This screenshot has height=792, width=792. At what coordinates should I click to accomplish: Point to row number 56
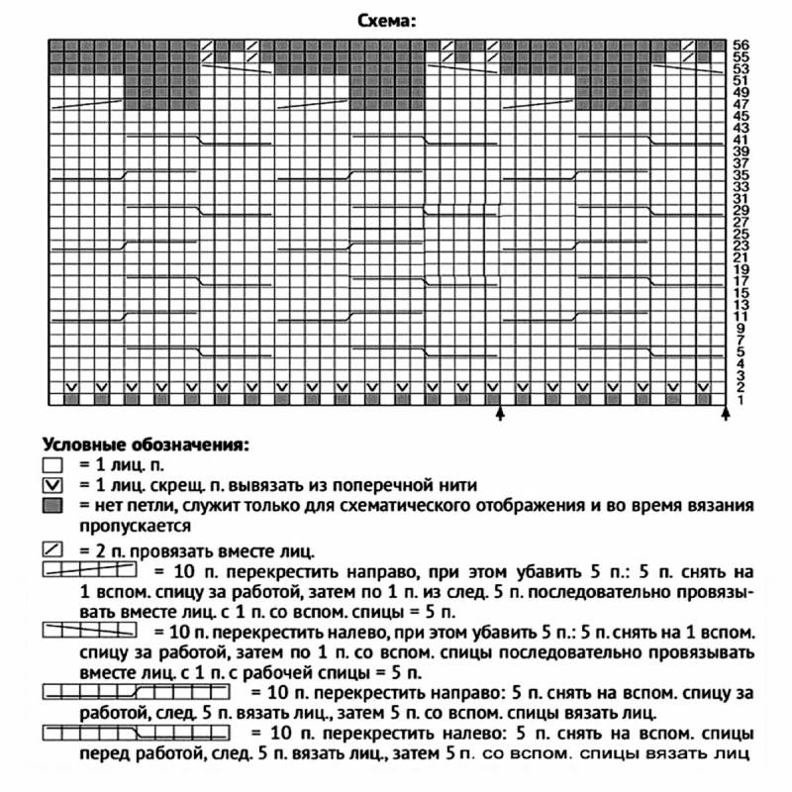tap(741, 45)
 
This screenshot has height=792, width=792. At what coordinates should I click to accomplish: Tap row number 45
tap(741, 116)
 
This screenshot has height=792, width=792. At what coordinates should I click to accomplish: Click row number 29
tap(741, 211)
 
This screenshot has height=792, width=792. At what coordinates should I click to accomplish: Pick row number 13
tap(741, 305)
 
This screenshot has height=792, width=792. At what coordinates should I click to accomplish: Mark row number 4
tap(740, 363)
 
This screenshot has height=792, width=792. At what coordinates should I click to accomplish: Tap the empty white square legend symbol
tap(53, 464)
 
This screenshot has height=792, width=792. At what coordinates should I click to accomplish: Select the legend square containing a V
tap(53, 485)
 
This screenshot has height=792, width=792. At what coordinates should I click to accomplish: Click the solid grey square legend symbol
tap(53, 505)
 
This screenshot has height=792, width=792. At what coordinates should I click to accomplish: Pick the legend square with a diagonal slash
tap(53, 550)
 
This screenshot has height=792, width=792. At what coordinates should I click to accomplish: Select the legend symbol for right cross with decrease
tap(89, 570)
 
